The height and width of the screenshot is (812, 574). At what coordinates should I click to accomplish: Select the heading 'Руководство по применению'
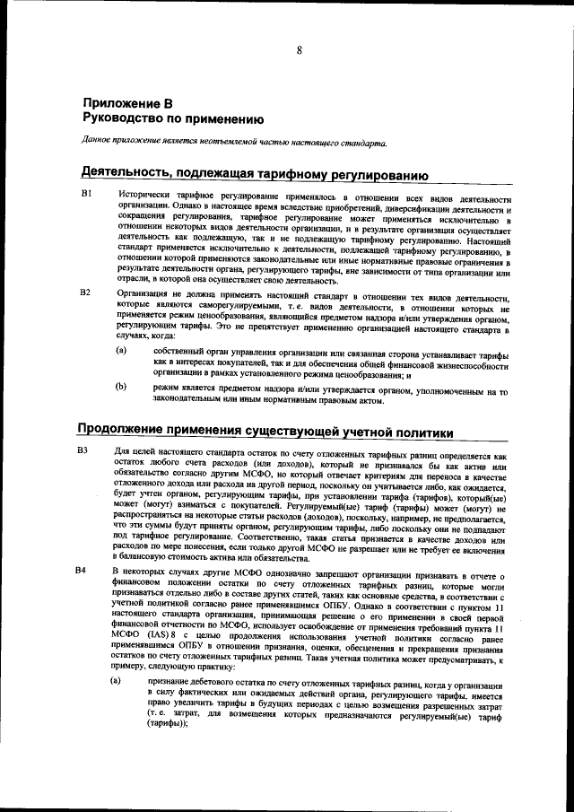172,118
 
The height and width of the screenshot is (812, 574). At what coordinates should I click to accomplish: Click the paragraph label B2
87,292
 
